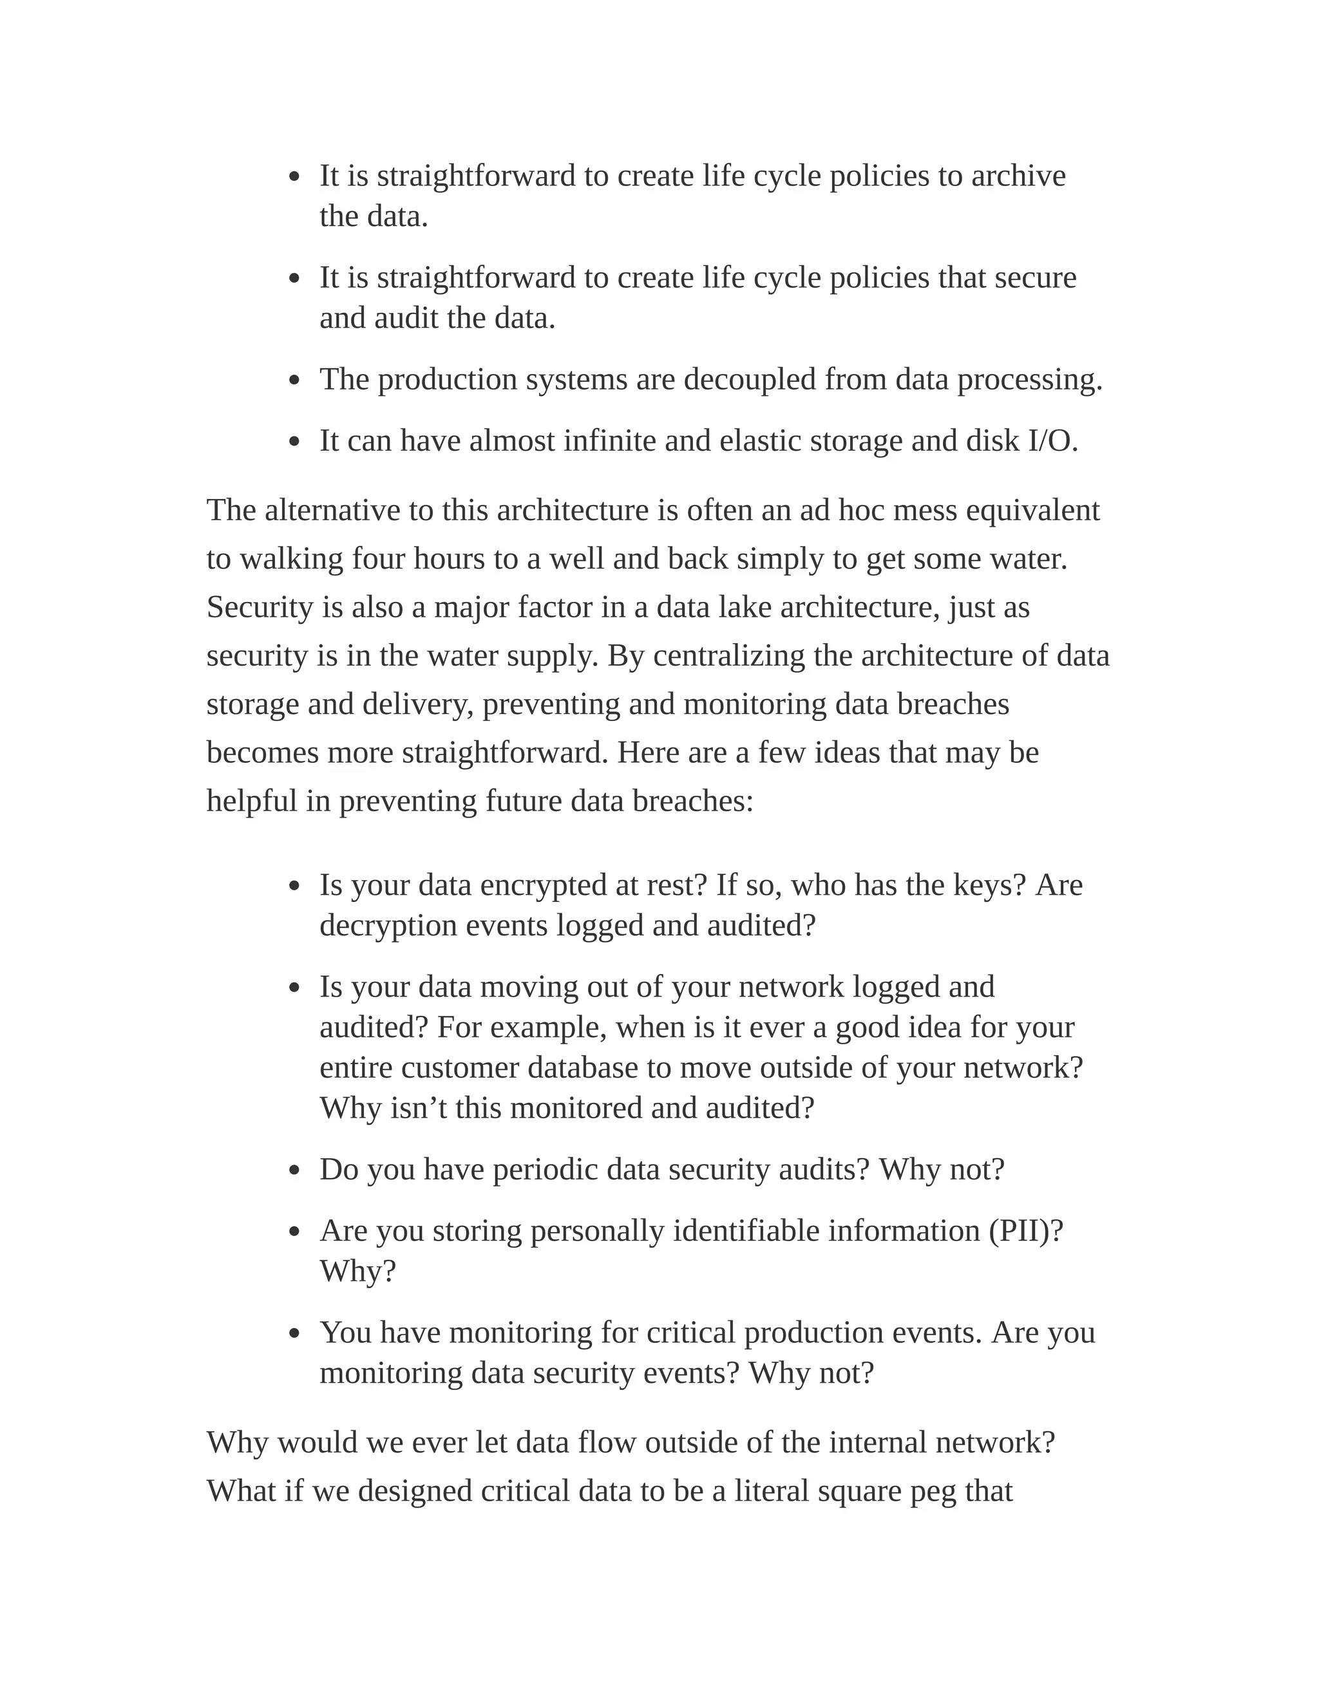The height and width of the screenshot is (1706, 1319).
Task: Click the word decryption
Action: click(x=388, y=926)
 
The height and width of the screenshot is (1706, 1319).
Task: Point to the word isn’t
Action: click(x=418, y=1109)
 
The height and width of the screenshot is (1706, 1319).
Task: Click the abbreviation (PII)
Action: click(x=1025, y=1231)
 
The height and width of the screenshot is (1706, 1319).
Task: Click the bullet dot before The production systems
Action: click(x=294, y=381)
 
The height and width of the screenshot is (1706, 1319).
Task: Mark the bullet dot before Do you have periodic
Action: click(x=294, y=1171)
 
